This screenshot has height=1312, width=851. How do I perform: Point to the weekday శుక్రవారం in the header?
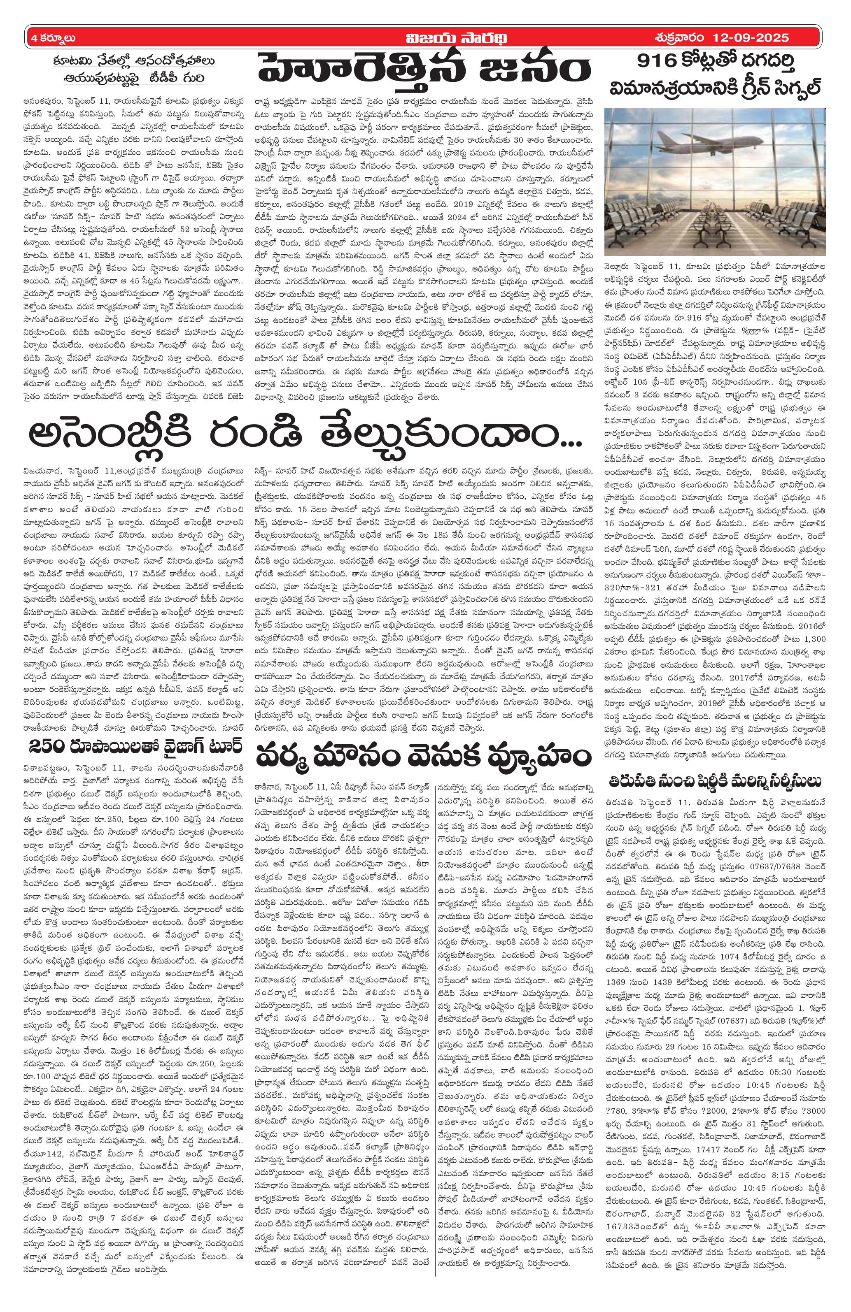click(x=674, y=38)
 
